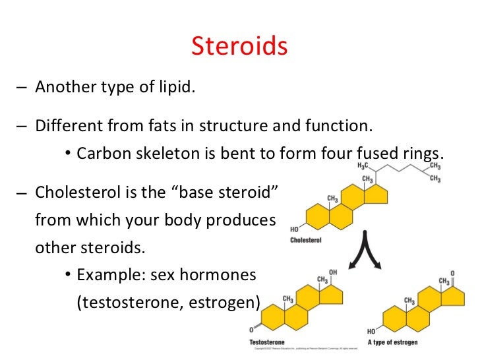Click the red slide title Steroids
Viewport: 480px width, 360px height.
[239, 46]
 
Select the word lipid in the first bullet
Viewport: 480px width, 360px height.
[177, 88]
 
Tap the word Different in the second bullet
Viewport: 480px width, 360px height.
[65, 125]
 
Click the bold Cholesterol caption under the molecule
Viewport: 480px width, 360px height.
[306, 240]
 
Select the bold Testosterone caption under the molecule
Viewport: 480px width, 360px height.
[268, 342]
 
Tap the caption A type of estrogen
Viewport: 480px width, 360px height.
[394, 342]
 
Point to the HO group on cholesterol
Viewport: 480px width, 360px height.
[294, 229]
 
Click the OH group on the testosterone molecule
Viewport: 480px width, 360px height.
[333, 272]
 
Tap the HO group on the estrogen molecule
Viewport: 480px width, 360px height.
[372, 331]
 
